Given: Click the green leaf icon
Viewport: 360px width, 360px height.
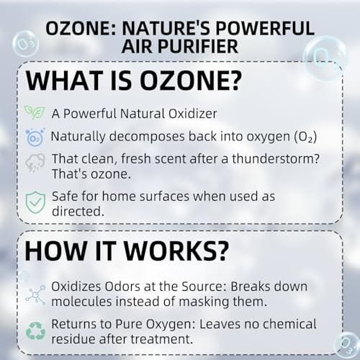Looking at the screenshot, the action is [x=35, y=112].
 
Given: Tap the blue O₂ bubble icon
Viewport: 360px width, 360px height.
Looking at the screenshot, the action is [x=35, y=137].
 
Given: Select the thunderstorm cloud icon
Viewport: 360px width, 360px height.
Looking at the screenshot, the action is [x=35, y=163].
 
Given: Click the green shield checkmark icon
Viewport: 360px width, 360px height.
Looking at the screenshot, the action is [x=35, y=202].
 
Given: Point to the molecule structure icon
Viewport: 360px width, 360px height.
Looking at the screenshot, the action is [x=35, y=294].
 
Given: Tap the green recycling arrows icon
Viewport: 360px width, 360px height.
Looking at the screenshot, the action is [x=35, y=331].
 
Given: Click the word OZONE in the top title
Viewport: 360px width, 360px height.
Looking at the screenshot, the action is [x=78, y=28].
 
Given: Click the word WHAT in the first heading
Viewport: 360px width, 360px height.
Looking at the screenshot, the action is [x=64, y=80].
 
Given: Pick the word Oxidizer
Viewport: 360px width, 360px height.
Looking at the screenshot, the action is [x=193, y=114].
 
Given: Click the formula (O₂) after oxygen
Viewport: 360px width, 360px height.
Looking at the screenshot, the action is [x=305, y=137].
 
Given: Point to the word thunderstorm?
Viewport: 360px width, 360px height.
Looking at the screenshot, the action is [x=276, y=158].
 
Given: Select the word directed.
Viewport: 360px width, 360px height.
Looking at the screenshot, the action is [x=78, y=211].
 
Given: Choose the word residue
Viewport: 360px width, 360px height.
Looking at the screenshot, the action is [x=73, y=339].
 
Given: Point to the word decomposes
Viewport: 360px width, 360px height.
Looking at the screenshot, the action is [x=147, y=137].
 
